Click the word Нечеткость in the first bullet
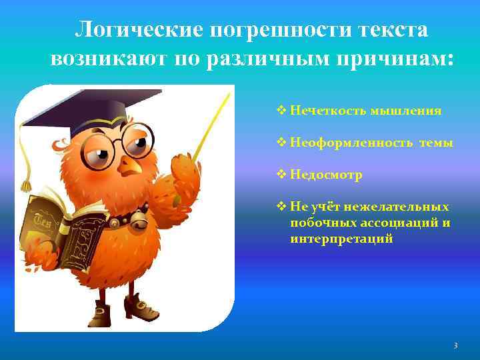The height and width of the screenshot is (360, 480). pos(322,111)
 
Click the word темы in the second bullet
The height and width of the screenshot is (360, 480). pos(436,143)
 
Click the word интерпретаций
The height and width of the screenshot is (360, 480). pos(341,238)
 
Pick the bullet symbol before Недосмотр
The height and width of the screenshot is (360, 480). pos(281,175)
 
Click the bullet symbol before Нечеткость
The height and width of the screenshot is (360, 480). pos(281,111)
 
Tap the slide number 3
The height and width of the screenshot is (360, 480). pos(455,345)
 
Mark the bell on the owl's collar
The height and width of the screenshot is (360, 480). pos(141,217)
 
